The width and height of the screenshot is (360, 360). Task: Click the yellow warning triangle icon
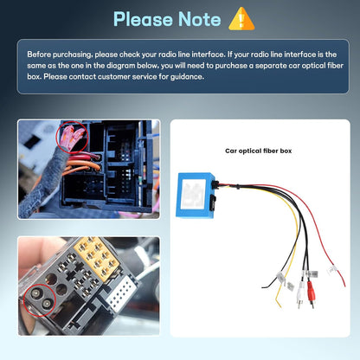click(241, 19)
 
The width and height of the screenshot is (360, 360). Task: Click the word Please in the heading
click(144, 20)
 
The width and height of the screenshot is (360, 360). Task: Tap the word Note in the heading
click(200, 19)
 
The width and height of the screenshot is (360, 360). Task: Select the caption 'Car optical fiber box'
click(259, 151)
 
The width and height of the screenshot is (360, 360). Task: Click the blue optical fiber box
click(196, 196)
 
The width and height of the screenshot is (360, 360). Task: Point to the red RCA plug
click(311, 293)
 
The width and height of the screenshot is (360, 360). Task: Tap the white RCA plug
click(299, 294)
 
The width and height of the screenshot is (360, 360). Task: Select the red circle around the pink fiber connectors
click(74, 137)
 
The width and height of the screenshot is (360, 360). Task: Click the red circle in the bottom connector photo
click(40, 299)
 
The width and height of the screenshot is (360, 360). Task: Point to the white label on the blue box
click(194, 194)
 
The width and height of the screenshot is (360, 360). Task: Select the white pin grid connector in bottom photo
click(122, 292)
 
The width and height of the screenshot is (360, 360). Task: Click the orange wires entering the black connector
click(82, 168)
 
